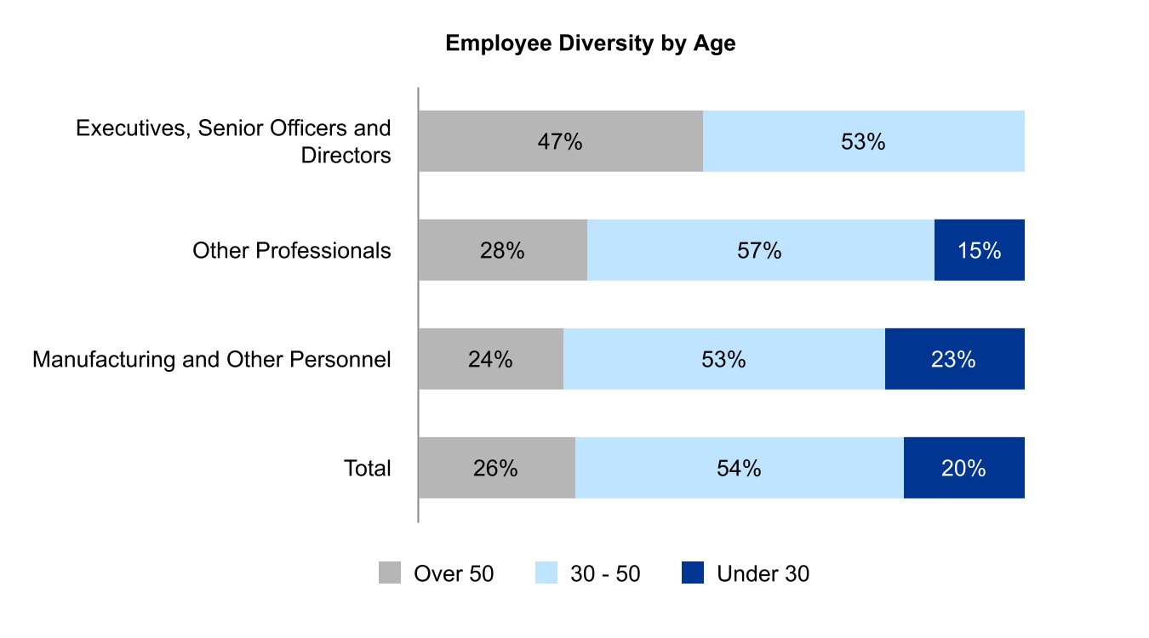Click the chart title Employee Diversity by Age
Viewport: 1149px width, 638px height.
pyautogui.click(x=590, y=44)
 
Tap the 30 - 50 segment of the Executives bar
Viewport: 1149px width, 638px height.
pyautogui.click(x=863, y=141)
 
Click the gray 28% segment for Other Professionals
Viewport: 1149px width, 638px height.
pyautogui.click(x=502, y=250)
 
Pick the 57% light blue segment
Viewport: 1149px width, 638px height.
pyautogui.click(x=760, y=250)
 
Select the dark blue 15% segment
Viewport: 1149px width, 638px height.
pyautogui.click(x=979, y=250)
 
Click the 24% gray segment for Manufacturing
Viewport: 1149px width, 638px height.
pyautogui.click(x=490, y=359)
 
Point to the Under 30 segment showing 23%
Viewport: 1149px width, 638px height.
pyautogui.click(x=954, y=359)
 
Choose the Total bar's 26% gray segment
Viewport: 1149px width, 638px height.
pyautogui.click(x=496, y=468)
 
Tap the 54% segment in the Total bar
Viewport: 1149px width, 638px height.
pyautogui.click(x=739, y=468)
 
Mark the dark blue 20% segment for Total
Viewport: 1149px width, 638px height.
pyautogui.click(x=963, y=468)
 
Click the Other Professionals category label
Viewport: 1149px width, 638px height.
pyautogui.click(x=291, y=250)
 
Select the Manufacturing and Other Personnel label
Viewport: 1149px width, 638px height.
pyautogui.click(x=211, y=359)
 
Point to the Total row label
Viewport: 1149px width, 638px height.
pyautogui.click(x=367, y=468)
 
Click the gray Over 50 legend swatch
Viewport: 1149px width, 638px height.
pyautogui.click(x=390, y=573)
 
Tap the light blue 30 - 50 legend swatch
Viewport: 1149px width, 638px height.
pyautogui.click(x=546, y=573)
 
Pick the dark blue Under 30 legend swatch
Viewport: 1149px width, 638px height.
pyautogui.click(x=693, y=573)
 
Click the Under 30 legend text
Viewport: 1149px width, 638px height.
pyautogui.click(x=763, y=574)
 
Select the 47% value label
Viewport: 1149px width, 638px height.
pyautogui.click(x=560, y=141)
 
